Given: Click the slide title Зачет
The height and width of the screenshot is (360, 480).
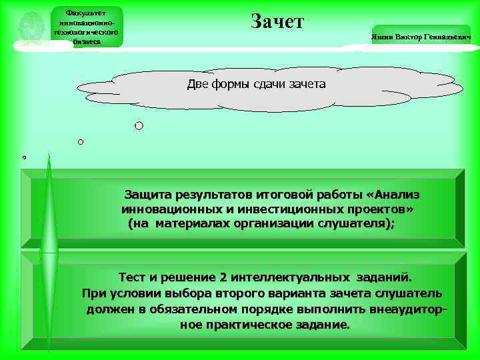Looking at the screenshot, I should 277,21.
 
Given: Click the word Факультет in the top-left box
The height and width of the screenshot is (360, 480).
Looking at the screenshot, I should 86,12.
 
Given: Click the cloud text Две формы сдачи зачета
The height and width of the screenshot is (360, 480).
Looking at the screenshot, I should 256,85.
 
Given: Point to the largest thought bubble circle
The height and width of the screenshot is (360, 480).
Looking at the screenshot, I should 139,125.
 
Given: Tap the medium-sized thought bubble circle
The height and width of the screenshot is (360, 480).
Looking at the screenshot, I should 81,142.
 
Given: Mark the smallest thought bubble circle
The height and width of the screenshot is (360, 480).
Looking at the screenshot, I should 24,158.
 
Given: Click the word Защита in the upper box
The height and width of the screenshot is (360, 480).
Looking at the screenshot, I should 149,195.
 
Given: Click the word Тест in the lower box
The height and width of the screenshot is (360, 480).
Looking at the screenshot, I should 133,276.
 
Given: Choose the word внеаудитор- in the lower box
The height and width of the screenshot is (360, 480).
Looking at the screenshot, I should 407,309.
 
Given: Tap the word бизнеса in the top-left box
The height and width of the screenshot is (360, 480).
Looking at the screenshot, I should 86,41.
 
